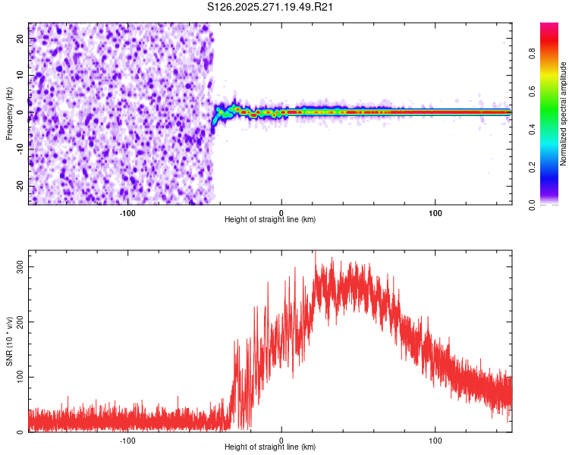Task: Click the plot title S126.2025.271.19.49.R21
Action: point(271,8)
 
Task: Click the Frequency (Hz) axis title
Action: point(9,114)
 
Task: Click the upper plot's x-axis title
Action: point(270,219)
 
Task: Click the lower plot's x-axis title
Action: point(270,447)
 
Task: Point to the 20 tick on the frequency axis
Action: point(20,38)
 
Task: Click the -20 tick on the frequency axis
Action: point(20,186)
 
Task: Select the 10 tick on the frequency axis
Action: point(20,75)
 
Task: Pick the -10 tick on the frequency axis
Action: point(20,149)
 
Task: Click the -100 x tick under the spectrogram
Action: point(127,212)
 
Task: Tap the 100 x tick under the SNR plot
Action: point(435,440)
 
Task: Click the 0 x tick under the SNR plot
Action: point(281,440)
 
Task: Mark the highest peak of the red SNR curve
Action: point(316,253)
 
